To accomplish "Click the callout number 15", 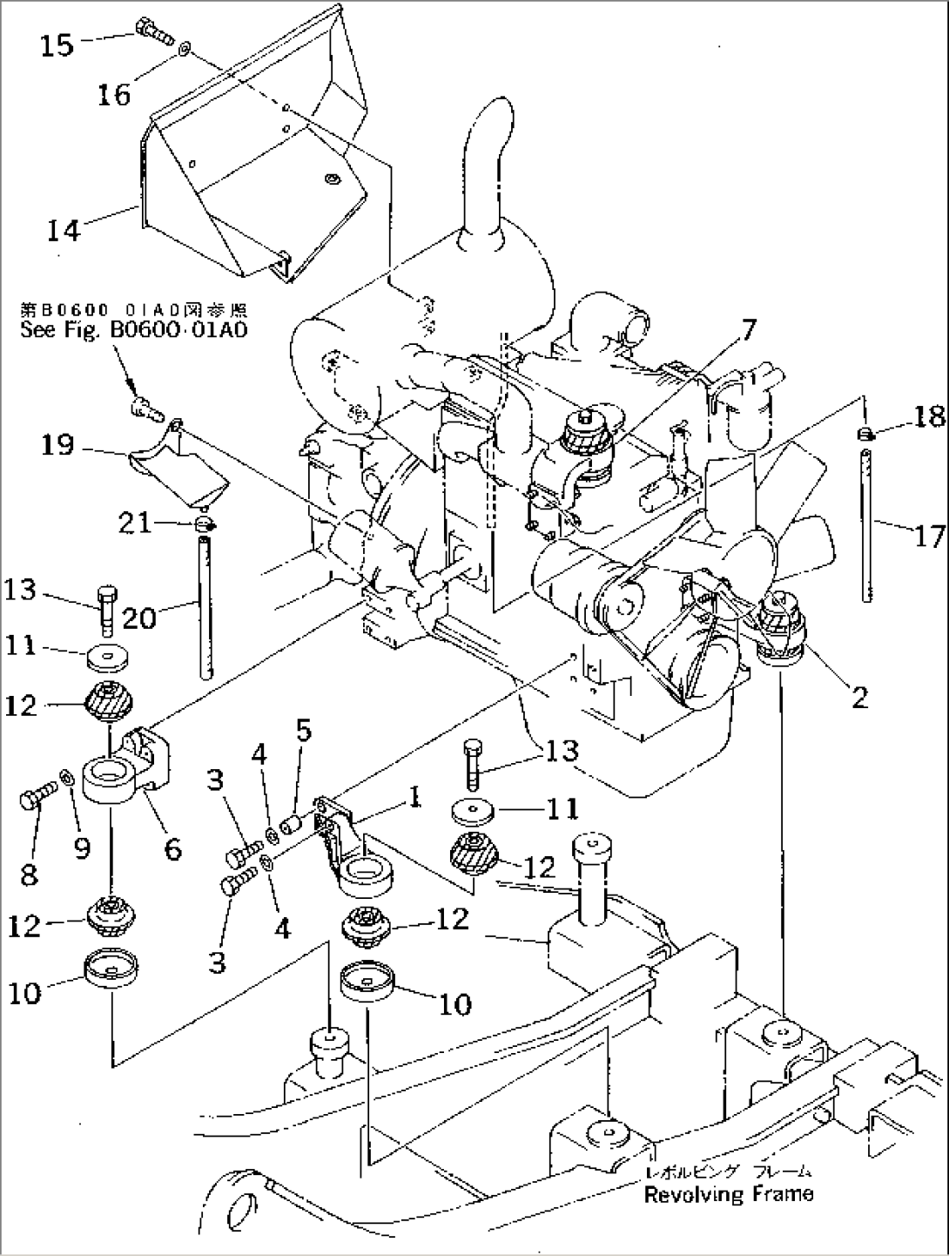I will (x=57, y=44).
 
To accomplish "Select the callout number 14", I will (x=64, y=231).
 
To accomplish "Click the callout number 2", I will (x=859, y=698).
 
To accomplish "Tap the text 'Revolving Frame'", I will (x=728, y=1194).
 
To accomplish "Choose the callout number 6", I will (x=173, y=847).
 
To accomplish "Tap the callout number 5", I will (x=302, y=730).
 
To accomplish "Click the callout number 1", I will (x=415, y=796).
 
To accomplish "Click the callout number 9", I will (x=82, y=847).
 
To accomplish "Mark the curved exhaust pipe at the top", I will (x=481, y=165).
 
